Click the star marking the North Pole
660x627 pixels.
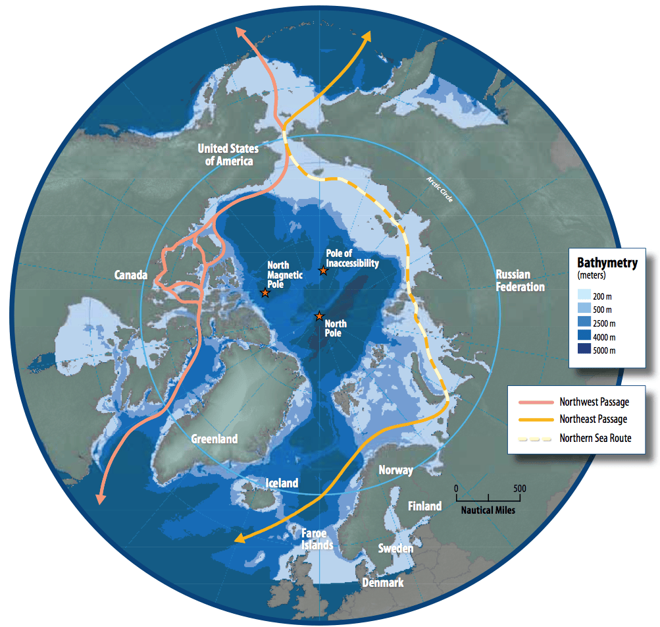[319, 317]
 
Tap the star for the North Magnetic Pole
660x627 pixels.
[265, 292]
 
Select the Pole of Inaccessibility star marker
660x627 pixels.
[323, 271]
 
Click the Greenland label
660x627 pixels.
[215, 439]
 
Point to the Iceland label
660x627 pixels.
[282, 483]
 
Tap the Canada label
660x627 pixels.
[131, 275]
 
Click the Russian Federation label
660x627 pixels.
[520, 281]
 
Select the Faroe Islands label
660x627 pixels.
[317, 539]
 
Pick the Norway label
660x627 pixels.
[396, 470]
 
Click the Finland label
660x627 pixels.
[424, 506]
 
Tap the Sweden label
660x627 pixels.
[395, 548]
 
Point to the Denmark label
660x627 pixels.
[383, 582]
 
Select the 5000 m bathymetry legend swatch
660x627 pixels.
[584, 350]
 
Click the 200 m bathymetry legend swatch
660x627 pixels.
[584, 295]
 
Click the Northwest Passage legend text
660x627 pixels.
[594, 402]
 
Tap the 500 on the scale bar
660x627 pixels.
[520, 489]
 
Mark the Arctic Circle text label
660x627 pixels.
[439, 189]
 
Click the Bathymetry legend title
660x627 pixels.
[607, 263]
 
